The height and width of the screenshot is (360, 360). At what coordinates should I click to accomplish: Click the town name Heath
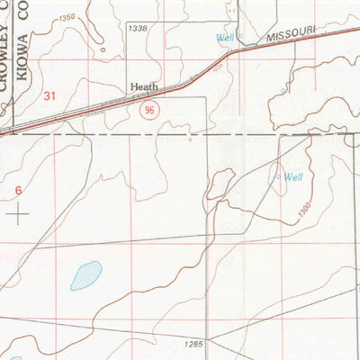(x=144, y=87)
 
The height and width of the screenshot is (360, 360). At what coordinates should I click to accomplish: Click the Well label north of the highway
(x=225, y=37)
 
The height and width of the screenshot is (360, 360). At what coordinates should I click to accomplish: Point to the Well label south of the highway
(x=293, y=177)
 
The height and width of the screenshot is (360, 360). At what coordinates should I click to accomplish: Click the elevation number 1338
(x=138, y=29)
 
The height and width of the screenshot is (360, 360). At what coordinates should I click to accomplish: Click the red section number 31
(x=49, y=95)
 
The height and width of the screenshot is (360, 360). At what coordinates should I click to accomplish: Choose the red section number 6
(x=18, y=191)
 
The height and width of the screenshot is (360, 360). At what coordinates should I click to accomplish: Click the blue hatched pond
(x=86, y=273)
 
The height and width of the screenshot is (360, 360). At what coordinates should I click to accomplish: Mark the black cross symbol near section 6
(x=18, y=213)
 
